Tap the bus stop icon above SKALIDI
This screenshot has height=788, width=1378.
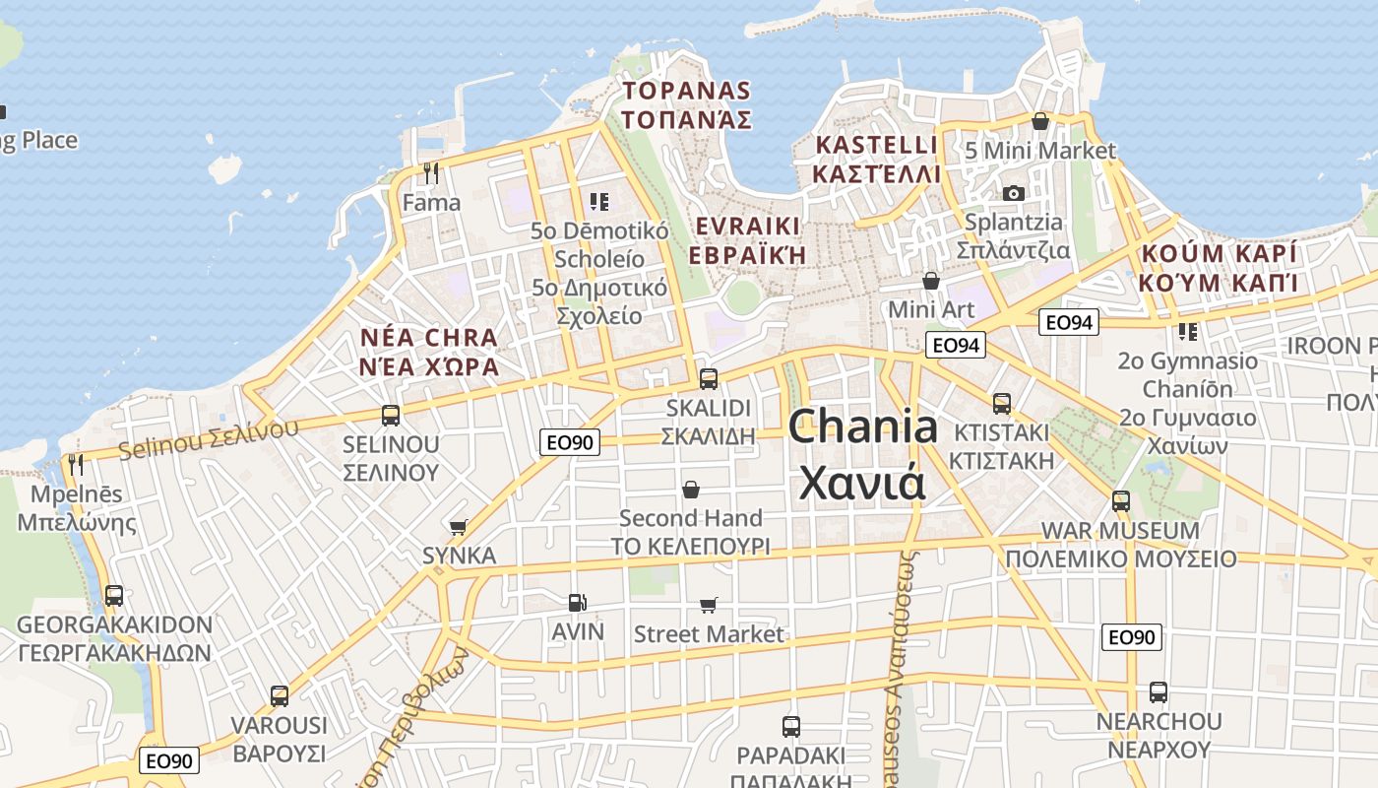[x=708, y=378]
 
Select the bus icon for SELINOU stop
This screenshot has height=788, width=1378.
[x=391, y=415]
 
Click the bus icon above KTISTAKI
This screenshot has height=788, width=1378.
[x=1001, y=403]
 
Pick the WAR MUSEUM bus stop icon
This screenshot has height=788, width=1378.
[x=1120, y=501]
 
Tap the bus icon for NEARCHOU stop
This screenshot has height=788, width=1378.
[x=1159, y=692]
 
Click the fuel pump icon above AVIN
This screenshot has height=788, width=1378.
[x=578, y=602]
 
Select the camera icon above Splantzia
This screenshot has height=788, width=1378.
[x=1014, y=193]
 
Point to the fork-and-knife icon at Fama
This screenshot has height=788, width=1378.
[x=430, y=173]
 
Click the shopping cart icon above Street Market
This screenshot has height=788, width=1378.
[x=708, y=605]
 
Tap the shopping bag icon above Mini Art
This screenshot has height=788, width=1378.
[x=930, y=281]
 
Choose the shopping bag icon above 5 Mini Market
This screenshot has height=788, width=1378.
[x=1039, y=121]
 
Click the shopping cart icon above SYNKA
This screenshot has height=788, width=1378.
[x=458, y=527]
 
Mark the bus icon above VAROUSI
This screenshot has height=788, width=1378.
[x=280, y=696]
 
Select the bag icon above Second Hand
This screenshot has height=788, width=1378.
[x=691, y=489]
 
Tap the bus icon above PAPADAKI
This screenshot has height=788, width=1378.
[x=790, y=727]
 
